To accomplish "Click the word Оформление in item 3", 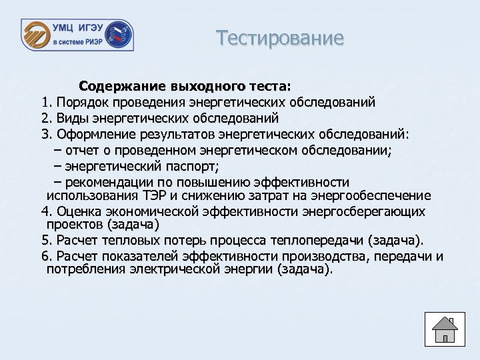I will [x=98, y=135].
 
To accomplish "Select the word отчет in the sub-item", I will [x=82, y=151].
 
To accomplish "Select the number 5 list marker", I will [x=45, y=240].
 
